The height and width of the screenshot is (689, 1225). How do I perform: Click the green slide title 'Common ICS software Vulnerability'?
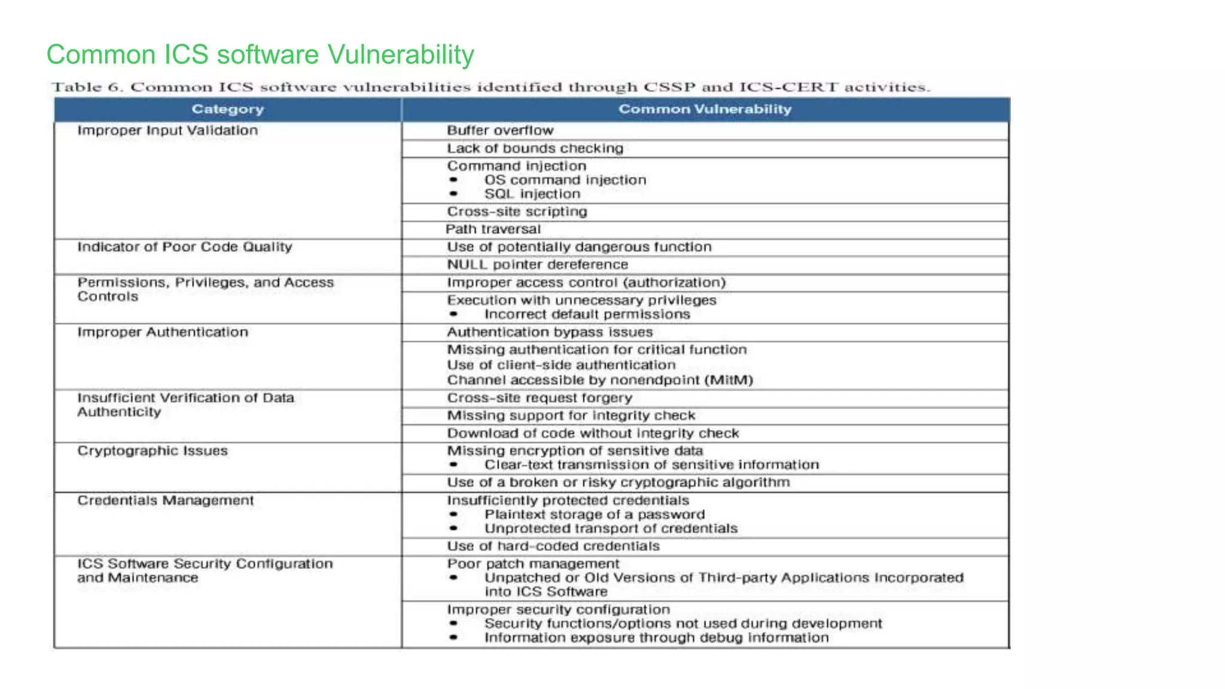260,54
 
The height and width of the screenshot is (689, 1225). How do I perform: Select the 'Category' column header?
227,109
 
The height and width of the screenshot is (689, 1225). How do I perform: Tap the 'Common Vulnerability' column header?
705,109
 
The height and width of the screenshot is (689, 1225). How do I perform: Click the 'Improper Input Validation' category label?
167,130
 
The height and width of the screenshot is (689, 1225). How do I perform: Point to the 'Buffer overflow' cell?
500,130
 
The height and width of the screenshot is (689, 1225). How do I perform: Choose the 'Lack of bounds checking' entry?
535,148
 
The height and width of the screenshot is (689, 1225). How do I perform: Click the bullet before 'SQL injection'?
454,194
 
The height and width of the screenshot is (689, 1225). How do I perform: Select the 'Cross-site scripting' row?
517,212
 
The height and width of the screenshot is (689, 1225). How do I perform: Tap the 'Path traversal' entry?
493,229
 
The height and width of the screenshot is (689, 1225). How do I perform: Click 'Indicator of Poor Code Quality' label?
185,247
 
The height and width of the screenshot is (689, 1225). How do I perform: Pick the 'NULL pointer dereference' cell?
537,264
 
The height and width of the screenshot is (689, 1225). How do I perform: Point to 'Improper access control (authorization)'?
586,282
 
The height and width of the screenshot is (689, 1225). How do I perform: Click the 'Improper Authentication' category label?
163,332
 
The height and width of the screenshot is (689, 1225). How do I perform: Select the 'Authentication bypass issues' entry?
550,332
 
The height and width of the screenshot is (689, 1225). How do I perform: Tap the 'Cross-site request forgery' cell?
540,398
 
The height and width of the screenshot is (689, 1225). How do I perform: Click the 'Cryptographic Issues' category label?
153,451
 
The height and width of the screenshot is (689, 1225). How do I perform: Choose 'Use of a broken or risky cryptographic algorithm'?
618,483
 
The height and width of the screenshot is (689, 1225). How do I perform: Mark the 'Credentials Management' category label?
166,501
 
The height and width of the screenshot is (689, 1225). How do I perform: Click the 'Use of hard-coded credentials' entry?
553,546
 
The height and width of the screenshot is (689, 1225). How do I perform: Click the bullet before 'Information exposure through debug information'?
454,638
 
